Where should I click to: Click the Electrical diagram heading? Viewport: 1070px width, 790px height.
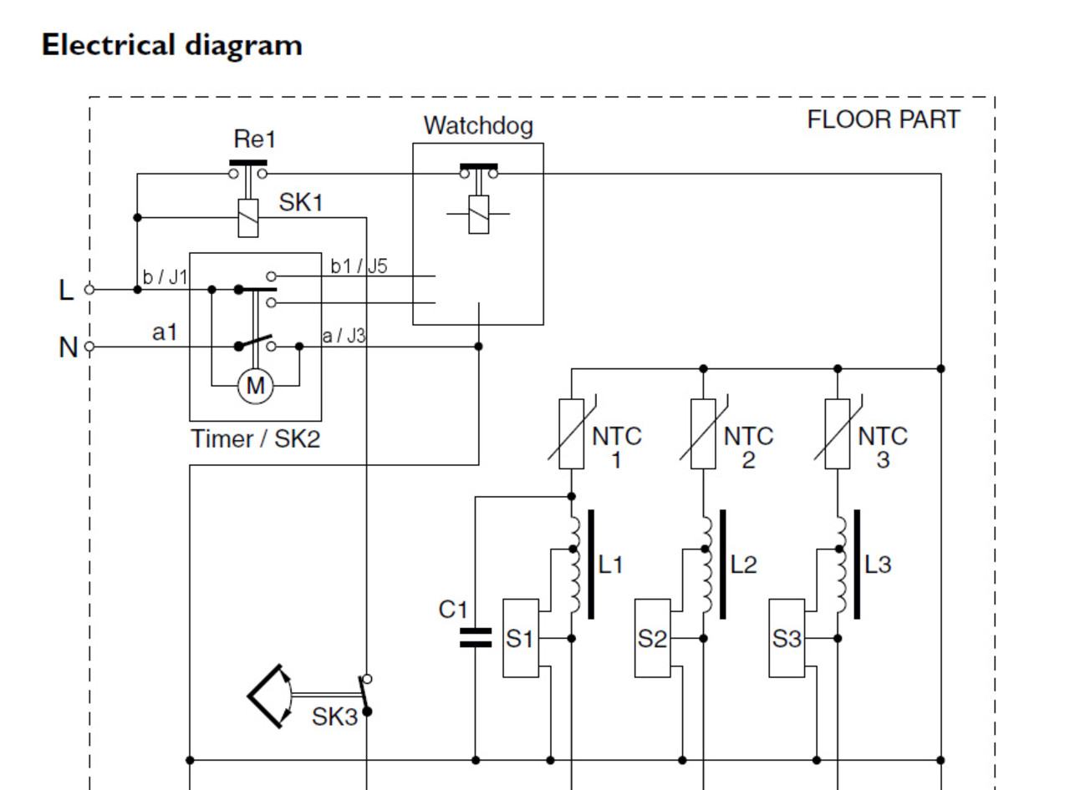point(171,44)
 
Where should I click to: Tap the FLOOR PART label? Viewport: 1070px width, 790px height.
point(884,119)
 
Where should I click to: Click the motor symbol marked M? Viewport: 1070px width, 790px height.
point(255,386)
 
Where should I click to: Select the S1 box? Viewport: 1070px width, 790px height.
point(520,638)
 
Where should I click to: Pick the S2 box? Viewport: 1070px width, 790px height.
point(653,638)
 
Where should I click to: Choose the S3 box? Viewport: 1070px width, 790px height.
point(787,638)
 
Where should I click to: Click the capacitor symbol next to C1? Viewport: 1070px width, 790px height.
point(476,638)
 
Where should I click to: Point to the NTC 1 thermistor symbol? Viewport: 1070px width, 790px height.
point(571,434)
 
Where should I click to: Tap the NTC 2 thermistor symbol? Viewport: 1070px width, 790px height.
point(703,434)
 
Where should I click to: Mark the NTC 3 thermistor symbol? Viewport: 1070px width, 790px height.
point(837,434)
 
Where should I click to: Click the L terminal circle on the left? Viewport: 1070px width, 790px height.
point(89,289)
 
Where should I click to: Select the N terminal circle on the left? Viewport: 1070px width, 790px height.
point(89,346)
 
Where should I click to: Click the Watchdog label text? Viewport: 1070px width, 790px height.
point(478,125)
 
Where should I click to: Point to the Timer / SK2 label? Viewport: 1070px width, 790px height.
point(255,438)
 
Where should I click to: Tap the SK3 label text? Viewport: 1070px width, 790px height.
point(334,717)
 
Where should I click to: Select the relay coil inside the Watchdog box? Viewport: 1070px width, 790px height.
point(478,214)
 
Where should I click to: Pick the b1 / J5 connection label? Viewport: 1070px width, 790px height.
point(359,266)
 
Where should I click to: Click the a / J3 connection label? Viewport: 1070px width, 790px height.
point(344,336)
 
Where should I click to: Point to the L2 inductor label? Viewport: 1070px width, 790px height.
point(743,565)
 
